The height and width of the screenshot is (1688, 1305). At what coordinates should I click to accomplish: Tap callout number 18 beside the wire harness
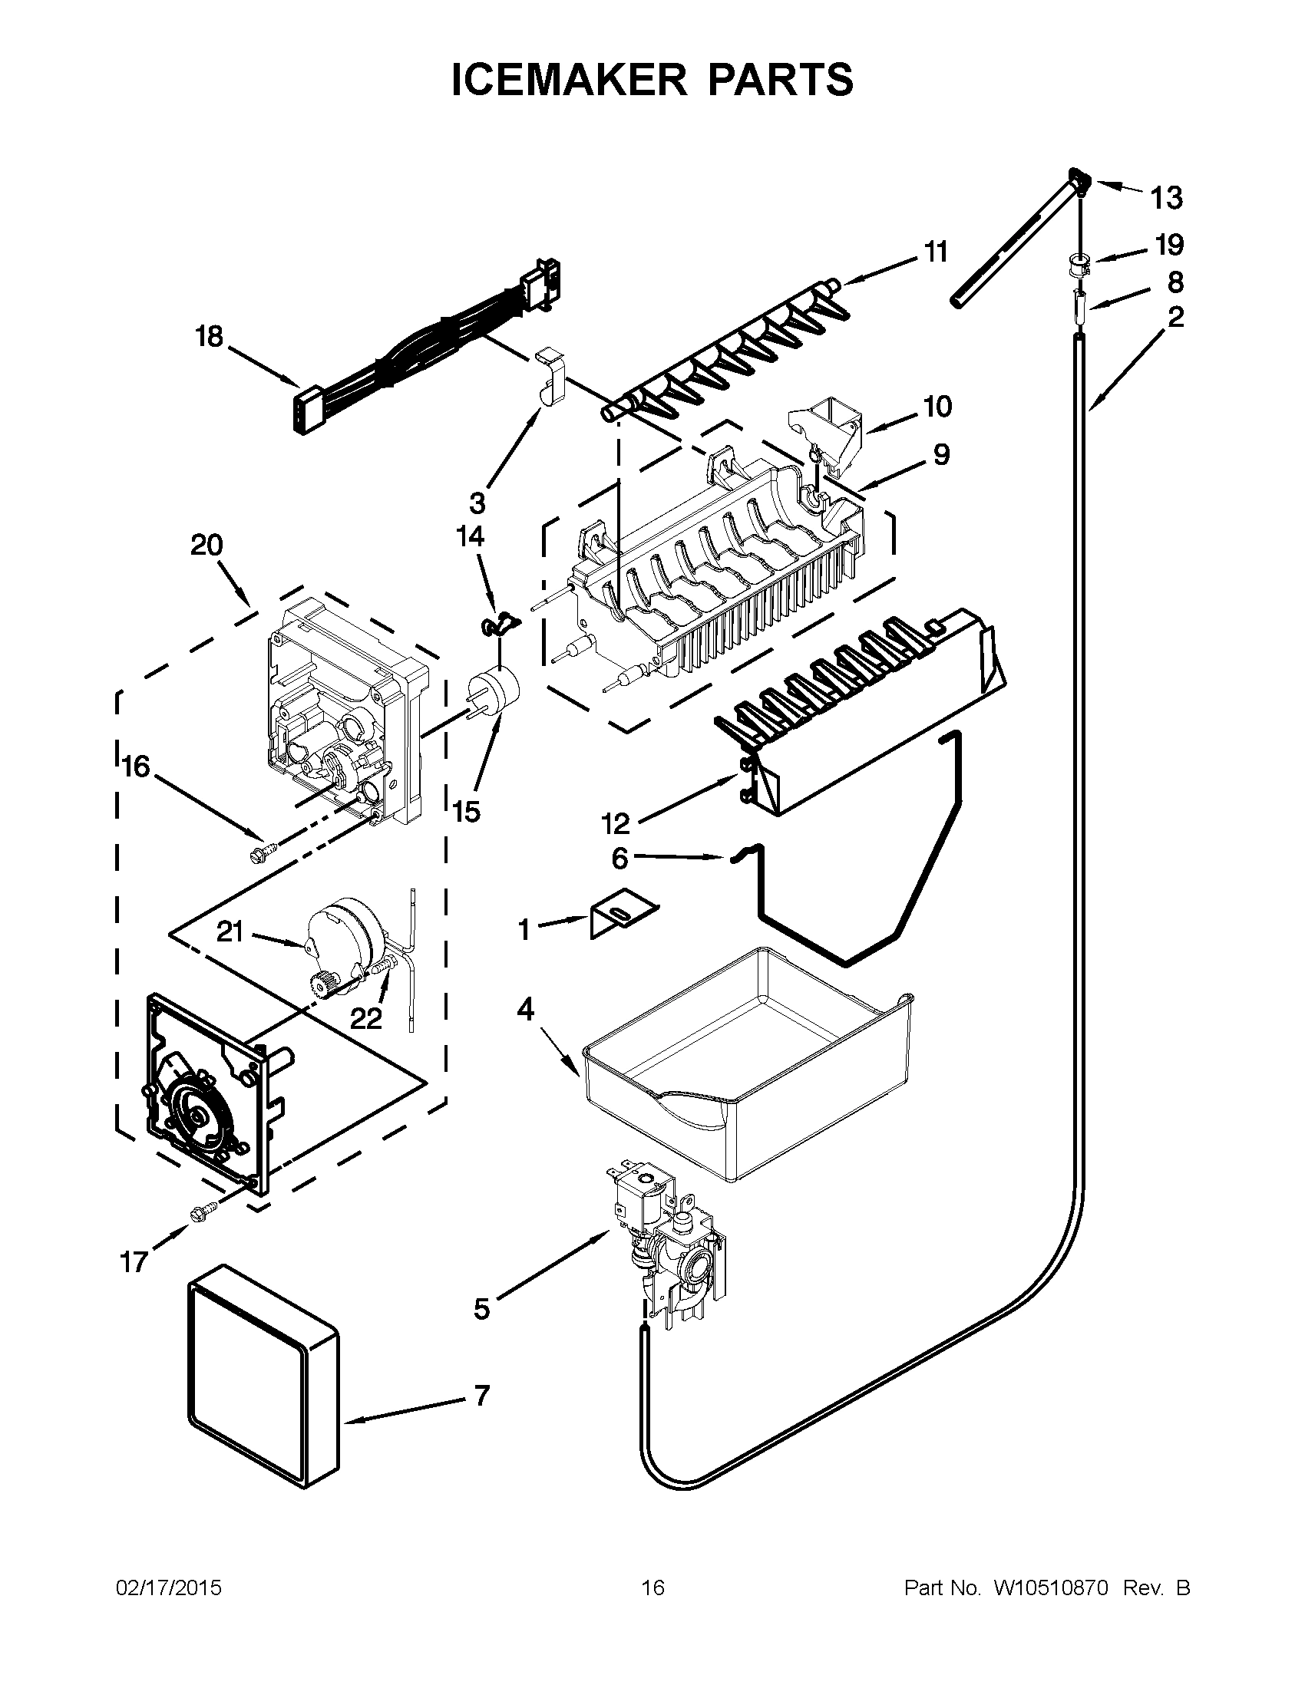pyautogui.click(x=209, y=337)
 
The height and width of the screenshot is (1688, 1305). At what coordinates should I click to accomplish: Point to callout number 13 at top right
pyautogui.click(x=1167, y=199)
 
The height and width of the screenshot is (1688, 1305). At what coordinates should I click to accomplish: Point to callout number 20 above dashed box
pyautogui.click(x=206, y=546)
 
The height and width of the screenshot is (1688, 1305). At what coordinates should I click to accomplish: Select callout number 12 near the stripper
pyautogui.click(x=616, y=824)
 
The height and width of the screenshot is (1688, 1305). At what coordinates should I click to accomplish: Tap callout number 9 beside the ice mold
pyautogui.click(x=941, y=455)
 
